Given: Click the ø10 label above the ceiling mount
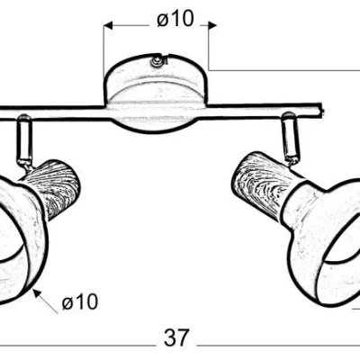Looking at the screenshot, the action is tap(175, 19).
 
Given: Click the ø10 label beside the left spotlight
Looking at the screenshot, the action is tap(80, 301).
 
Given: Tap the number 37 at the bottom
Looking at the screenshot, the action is tap(177, 337).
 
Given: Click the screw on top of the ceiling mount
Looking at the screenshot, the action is tap(157, 61).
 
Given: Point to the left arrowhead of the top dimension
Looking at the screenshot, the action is tap(108, 25).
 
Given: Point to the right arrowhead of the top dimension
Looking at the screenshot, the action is tap(212, 25).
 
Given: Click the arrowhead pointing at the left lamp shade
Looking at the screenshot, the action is tap(37, 292).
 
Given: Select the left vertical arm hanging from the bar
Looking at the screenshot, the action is tap(24, 140).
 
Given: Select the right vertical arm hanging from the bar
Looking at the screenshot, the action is tap(290, 138).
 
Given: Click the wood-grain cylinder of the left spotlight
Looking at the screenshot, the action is tap(53, 189).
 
